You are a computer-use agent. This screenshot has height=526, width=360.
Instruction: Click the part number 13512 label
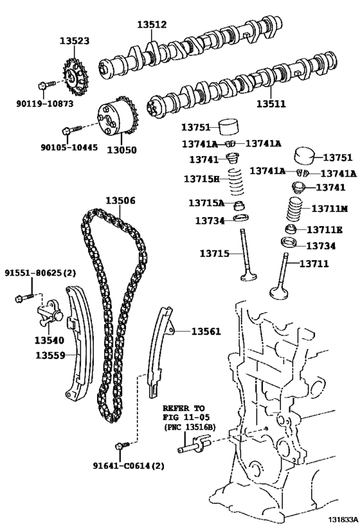coord(152,24)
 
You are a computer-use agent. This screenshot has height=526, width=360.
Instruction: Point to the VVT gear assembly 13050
coord(118,120)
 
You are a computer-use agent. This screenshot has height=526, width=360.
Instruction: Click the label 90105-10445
coord(69,147)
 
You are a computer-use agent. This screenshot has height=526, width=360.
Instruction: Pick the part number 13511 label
coord(271,104)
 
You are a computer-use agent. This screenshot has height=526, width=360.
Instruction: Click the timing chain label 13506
coord(121,200)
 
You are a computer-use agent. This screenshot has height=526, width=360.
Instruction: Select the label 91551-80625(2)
coord(40,273)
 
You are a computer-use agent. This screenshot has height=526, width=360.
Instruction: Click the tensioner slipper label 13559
coord(50,355)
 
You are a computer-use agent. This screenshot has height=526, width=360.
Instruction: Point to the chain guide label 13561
coord(206,332)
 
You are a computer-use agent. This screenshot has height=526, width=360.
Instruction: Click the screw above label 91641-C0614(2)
coord(122,446)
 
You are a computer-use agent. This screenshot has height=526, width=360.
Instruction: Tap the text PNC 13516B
coord(190,427)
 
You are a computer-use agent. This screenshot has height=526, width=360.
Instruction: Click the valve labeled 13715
coord(248,255)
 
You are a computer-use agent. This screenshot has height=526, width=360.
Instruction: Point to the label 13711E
coord(325,230)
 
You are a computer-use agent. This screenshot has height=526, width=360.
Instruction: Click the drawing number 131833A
coord(343,520)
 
